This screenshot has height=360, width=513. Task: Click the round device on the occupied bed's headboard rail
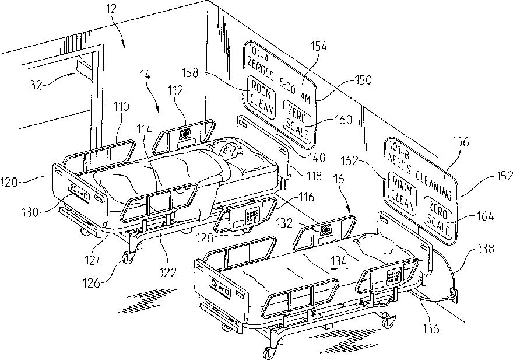click(186, 134)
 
